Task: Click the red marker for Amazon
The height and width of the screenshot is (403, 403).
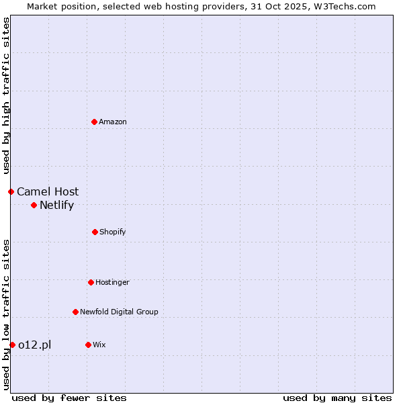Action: pos(94,122)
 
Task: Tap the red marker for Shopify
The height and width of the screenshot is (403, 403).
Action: pos(95,232)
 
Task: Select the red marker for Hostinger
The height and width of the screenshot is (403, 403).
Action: pos(91,282)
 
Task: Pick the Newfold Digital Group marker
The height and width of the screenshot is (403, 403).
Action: pos(75,312)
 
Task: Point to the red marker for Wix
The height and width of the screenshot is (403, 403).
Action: pos(88,345)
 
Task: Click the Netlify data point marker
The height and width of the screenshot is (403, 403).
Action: pos(34,205)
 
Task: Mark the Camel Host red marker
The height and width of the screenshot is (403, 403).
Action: pos(11,191)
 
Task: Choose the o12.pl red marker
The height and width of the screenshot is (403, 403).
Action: pos(12,345)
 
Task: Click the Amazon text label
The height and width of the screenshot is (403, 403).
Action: pos(113,122)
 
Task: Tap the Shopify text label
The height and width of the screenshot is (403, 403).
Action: pos(113,232)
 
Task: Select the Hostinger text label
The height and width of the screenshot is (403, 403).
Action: pos(112,282)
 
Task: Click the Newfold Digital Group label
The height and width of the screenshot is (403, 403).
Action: pos(119,312)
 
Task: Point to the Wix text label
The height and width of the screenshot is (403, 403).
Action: pos(99,345)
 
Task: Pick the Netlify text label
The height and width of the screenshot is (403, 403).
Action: pos(56,205)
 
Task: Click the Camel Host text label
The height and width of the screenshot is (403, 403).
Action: pos(48,191)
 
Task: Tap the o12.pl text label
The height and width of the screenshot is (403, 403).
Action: pos(34,345)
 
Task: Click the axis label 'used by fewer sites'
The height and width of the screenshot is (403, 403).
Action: pos(69,398)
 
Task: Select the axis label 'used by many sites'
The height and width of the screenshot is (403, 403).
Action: pos(337,398)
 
